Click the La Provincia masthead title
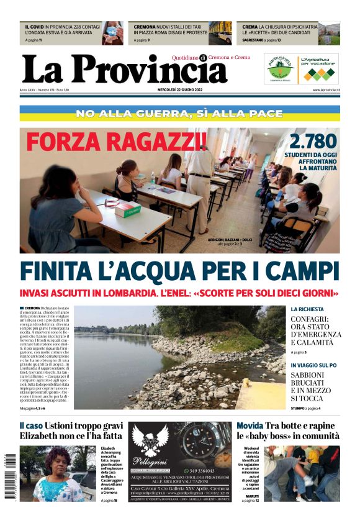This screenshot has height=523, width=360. (124, 70)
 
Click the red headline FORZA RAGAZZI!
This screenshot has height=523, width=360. (117, 142)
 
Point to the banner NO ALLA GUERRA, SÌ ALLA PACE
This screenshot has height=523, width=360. (179, 114)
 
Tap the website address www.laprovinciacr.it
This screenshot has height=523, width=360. (326, 90)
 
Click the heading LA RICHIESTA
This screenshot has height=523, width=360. (307, 309)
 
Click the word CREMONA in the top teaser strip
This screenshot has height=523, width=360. (145, 27)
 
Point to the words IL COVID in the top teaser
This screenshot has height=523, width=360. (37, 27)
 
